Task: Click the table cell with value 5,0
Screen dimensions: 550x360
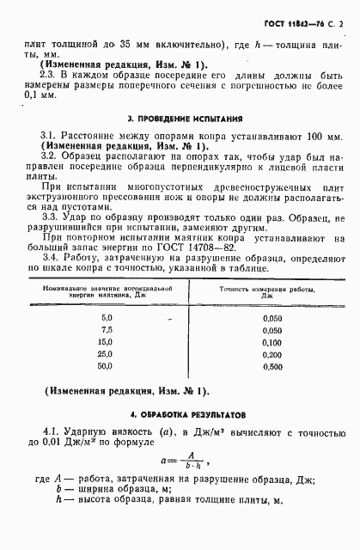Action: click(x=107, y=318)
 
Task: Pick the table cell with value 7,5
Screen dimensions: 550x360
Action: click(x=107, y=330)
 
